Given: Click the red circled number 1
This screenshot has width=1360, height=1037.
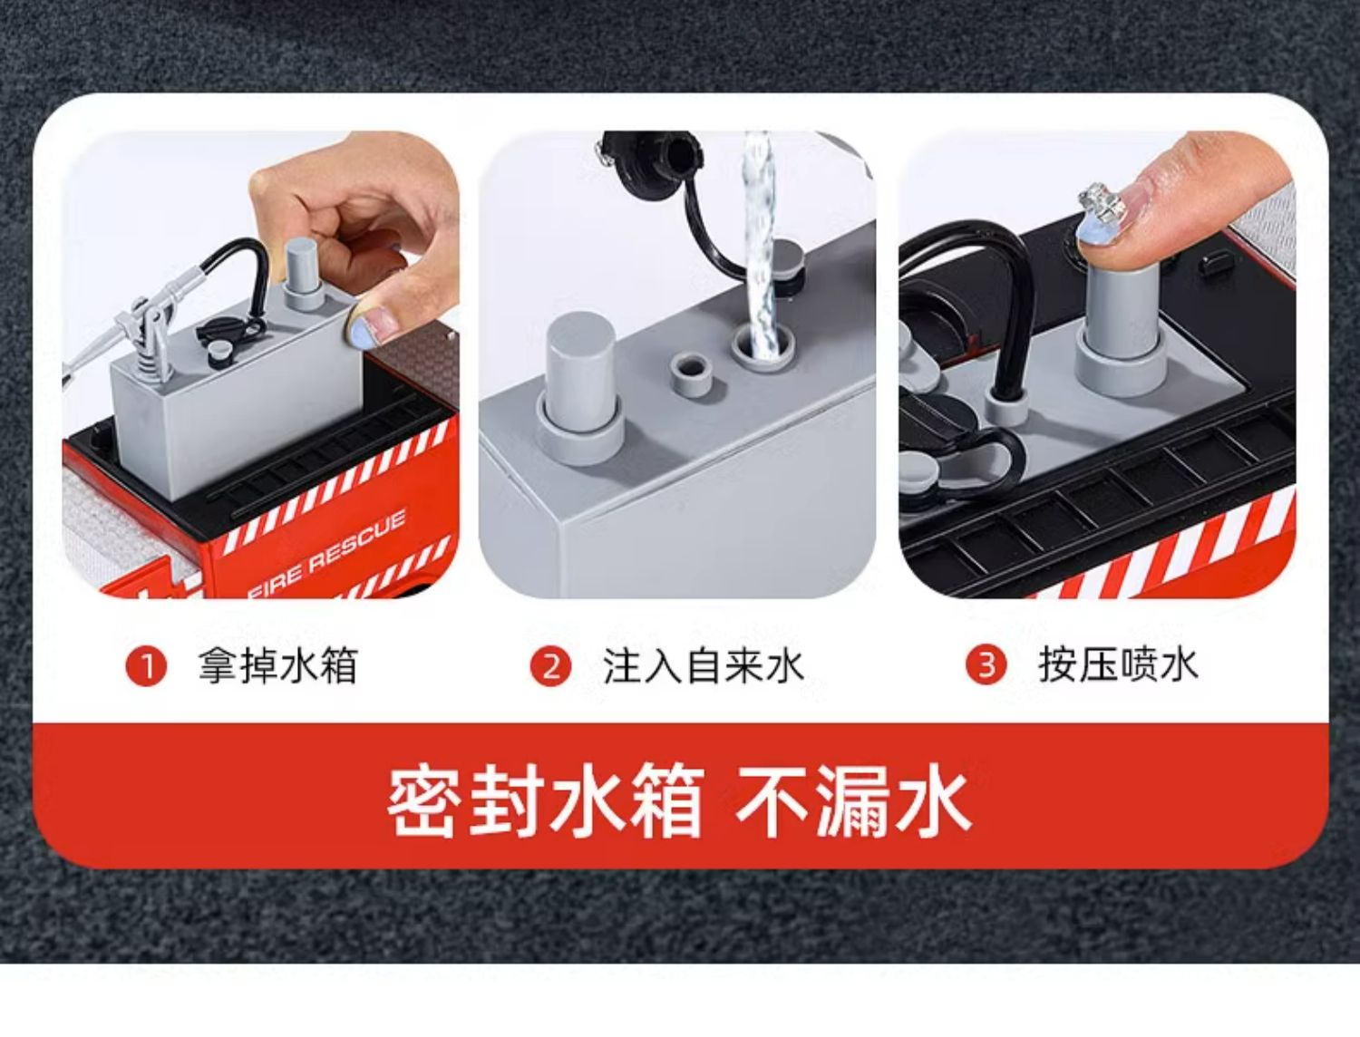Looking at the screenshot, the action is (147, 667).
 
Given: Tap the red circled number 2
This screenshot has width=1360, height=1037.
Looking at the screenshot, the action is (551, 667).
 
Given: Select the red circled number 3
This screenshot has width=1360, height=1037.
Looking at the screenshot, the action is (986, 665).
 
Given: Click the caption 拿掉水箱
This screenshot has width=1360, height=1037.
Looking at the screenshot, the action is (277, 666).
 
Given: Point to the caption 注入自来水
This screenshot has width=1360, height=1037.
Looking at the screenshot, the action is (704, 666).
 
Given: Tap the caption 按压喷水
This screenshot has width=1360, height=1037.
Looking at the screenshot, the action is (1118, 665).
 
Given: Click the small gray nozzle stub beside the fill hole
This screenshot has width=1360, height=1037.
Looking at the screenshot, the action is (691, 374).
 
